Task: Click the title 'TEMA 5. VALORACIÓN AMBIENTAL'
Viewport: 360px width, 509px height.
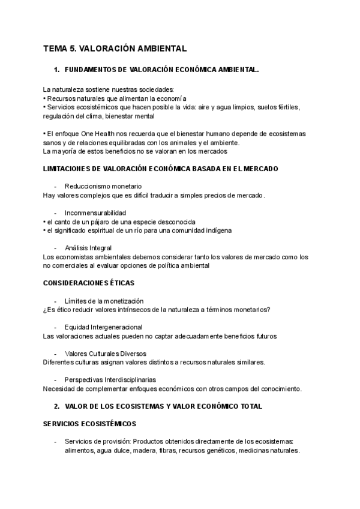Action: click(x=115, y=48)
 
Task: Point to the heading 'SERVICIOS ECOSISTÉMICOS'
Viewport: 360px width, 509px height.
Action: click(x=90, y=424)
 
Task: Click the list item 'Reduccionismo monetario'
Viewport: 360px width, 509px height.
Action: click(x=103, y=187)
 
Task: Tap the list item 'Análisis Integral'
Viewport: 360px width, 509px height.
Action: click(x=88, y=248)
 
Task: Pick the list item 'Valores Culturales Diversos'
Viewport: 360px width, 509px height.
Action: click(x=106, y=354)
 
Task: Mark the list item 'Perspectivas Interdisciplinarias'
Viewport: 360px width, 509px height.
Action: click(x=110, y=380)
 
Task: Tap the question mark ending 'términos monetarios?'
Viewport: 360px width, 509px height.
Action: click(x=269, y=310)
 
